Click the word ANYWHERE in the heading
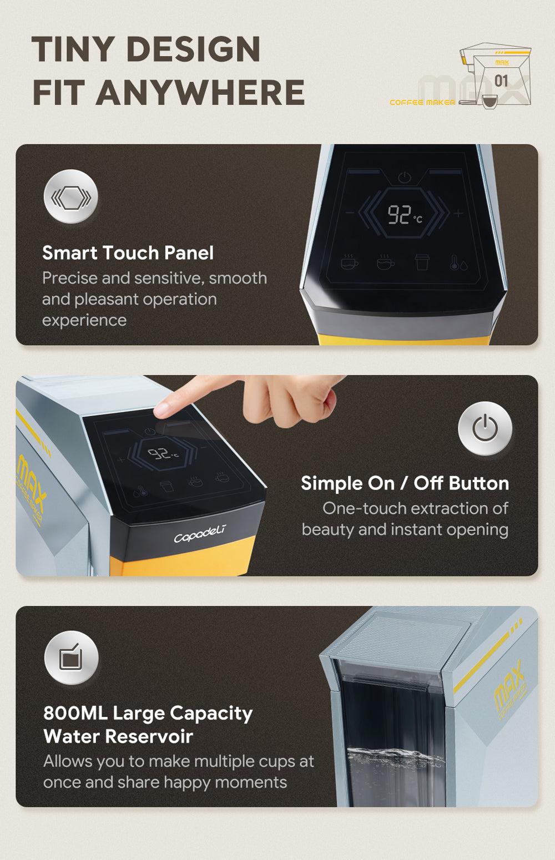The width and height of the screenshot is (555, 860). click(200, 92)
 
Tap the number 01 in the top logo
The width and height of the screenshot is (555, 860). click(501, 81)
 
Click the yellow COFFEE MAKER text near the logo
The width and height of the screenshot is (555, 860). click(422, 103)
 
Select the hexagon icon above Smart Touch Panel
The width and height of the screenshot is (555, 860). click(71, 196)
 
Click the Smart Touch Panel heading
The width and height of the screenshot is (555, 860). click(128, 253)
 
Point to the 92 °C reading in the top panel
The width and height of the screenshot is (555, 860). click(405, 215)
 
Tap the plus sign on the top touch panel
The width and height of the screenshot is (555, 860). click(458, 213)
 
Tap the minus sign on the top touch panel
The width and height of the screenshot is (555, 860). click(350, 213)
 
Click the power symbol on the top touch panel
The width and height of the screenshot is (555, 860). click(404, 178)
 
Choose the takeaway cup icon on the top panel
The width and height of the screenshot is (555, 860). click(422, 262)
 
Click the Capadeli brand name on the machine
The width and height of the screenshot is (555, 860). click(200, 534)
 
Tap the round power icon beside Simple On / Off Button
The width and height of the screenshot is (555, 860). click(485, 428)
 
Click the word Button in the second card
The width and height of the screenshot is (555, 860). click(479, 483)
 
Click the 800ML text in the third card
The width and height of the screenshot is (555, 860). click(75, 714)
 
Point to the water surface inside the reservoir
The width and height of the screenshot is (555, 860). click(396, 756)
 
